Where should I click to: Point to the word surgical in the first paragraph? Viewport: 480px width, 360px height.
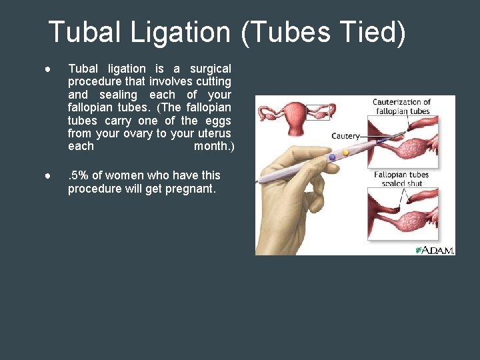211,69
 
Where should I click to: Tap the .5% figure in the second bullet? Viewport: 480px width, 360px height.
78,175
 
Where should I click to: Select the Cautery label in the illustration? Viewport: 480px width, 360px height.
345,136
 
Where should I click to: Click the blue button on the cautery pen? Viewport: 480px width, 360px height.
332,157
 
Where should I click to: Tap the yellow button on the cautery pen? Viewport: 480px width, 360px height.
345,153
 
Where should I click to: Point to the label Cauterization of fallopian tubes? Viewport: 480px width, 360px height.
401,107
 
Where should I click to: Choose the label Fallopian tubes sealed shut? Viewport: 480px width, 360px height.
401,179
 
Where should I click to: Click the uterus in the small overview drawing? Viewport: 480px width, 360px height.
293,111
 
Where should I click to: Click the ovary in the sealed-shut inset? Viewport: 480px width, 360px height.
417,219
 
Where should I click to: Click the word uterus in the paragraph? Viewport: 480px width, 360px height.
214,134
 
